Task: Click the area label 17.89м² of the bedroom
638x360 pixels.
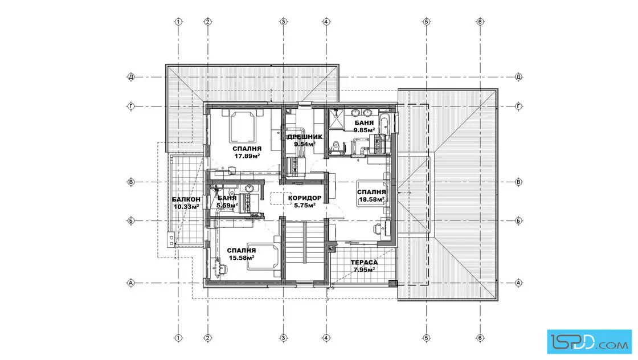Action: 247,156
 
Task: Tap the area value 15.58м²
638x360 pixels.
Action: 242,258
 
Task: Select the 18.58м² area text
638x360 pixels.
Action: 371,200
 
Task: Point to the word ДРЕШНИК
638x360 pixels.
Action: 305,137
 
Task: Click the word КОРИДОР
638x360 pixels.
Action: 305,198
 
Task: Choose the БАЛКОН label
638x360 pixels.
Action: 186,199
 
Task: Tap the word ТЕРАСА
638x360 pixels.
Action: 364,263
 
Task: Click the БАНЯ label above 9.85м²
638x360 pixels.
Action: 364,123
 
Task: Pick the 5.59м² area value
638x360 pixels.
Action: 227,206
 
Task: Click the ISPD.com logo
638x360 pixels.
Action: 589,342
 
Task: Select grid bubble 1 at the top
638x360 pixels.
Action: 178,22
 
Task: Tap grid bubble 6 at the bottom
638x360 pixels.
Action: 480,338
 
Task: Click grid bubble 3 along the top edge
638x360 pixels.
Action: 284,22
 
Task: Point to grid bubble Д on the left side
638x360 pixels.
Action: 131,76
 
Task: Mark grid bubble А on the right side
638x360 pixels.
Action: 518,283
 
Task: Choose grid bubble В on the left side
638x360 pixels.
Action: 131,182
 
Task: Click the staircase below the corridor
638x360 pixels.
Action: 304,249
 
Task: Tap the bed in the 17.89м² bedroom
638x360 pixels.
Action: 244,126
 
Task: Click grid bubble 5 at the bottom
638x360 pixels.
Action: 427,338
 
